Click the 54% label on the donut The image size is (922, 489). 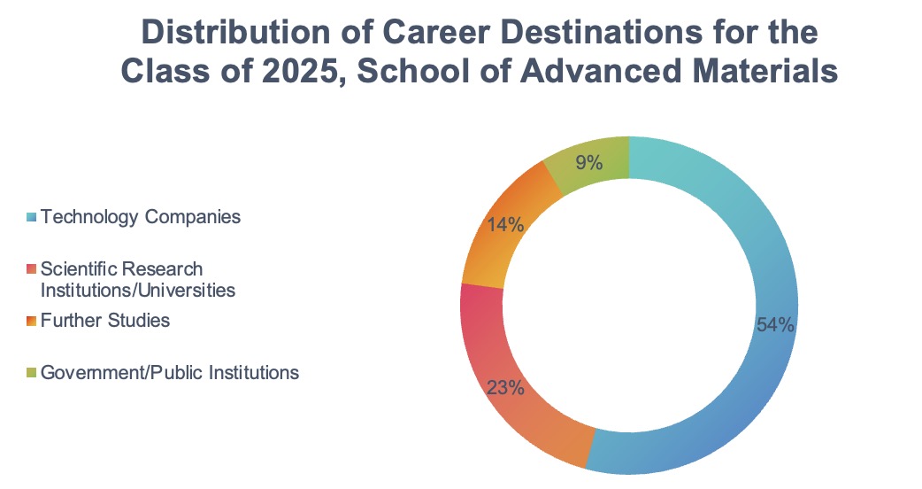point(775,325)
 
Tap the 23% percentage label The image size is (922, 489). point(505,387)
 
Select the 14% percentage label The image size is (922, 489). point(505,225)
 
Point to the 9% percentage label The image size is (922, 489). point(588,162)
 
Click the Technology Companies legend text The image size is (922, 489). point(141,216)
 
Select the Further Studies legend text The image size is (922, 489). point(105,320)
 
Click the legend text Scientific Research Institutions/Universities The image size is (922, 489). point(137,278)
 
